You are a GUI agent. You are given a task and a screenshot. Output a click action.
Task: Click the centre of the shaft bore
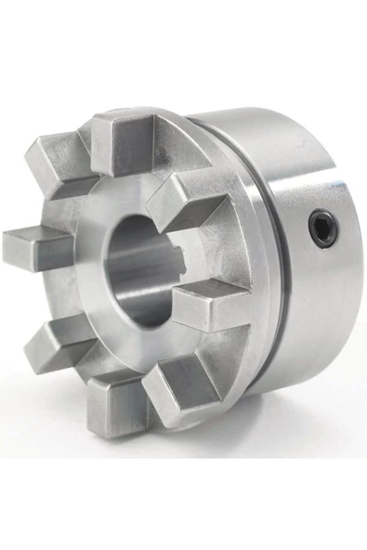pyautogui.click(x=144, y=269)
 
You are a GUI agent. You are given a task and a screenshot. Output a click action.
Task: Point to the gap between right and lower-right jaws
pyautogui.click(x=209, y=348)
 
